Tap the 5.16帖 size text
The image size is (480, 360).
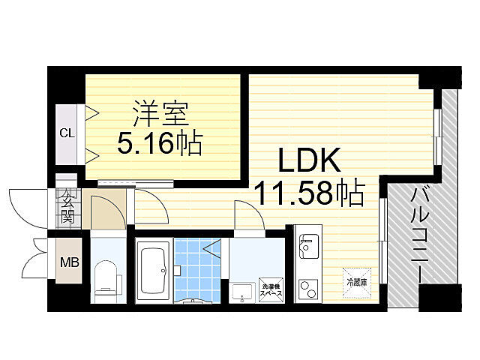pyautogui.click(x=158, y=142)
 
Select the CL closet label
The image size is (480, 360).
pyautogui.click(x=67, y=133)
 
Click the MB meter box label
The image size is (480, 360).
pyautogui.click(x=68, y=262)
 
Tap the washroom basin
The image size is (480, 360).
pyautogui.click(x=242, y=291)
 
